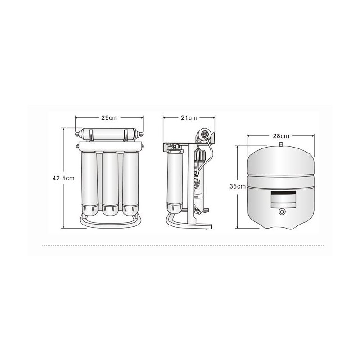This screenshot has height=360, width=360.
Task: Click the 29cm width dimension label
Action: pos(109,118)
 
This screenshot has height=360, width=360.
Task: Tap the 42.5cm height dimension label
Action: pos(63,178)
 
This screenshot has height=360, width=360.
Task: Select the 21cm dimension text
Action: pos(189,118)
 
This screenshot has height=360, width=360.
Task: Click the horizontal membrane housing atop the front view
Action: pos(109,134)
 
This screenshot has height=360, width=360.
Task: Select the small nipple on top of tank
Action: pos(281,144)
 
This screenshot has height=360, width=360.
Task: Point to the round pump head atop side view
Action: pos(203,134)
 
